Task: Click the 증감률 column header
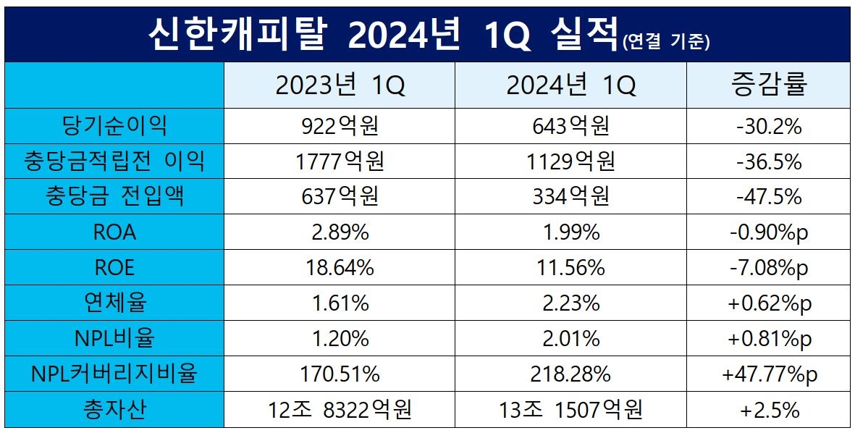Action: coord(768,86)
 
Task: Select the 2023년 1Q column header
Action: coord(340,86)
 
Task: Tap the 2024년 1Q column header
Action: coord(570,86)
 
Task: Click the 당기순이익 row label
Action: coord(114,126)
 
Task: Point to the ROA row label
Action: coord(114,232)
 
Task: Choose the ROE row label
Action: coord(114,267)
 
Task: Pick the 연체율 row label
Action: coord(114,303)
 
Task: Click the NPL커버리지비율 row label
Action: coord(114,374)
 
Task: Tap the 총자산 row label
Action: coord(114,410)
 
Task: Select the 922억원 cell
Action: coord(340,126)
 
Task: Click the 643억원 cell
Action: coord(570,126)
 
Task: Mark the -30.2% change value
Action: coord(768,126)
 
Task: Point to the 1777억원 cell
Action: coord(340,161)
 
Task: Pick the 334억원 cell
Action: coord(570,196)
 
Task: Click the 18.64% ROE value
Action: coord(340,267)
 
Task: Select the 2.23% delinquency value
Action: coord(570,303)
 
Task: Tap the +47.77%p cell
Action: coord(768,374)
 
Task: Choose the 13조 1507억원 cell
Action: coord(570,410)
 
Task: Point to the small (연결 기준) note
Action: coord(665,42)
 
